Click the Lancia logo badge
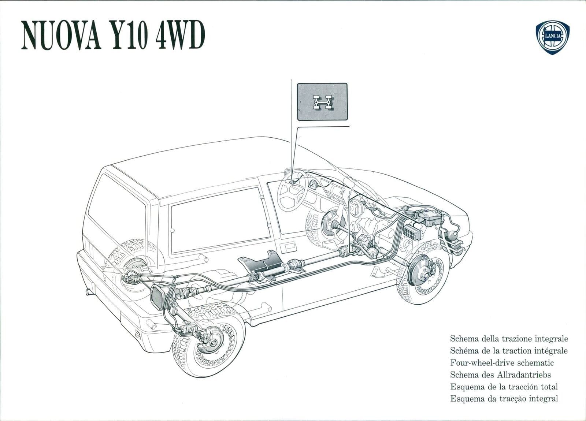coord(553,37)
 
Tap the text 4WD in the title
coord(180,35)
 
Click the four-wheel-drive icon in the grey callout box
coord(322,102)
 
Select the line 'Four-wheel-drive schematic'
coord(502,363)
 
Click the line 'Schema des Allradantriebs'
coord(500,375)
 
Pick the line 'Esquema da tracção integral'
coord(504,399)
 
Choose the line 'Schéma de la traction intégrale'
coord(509,351)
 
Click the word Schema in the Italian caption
coord(464,339)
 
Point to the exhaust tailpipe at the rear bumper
coord(88,292)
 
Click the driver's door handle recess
coord(288,247)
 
